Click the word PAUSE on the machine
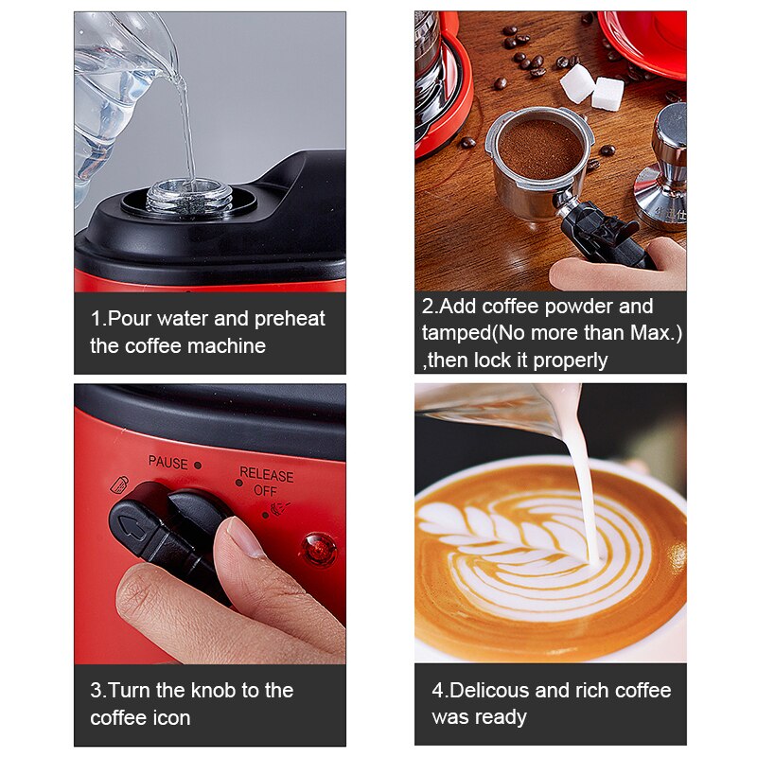click(168, 462)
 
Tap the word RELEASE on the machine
click(266, 474)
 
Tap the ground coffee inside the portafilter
click(539, 150)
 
